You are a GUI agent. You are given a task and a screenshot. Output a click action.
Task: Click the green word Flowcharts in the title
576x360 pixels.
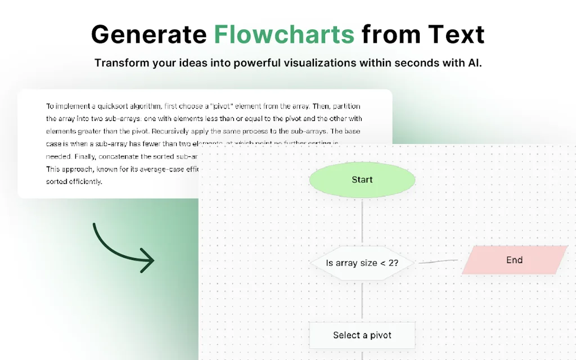[x=284, y=34]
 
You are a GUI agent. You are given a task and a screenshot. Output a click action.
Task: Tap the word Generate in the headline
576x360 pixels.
[x=148, y=34]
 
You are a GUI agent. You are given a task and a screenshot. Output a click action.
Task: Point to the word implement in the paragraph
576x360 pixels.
[x=73, y=106]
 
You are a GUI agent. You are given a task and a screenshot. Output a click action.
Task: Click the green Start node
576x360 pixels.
[x=362, y=180]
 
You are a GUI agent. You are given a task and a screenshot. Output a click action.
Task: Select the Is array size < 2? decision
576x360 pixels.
[x=362, y=263]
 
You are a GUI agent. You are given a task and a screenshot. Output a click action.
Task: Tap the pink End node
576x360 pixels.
[x=514, y=260]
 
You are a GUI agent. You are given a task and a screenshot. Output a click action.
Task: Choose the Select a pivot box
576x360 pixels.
[x=362, y=335]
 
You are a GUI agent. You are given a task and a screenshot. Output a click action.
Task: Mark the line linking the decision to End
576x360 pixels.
[x=439, y=262]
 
